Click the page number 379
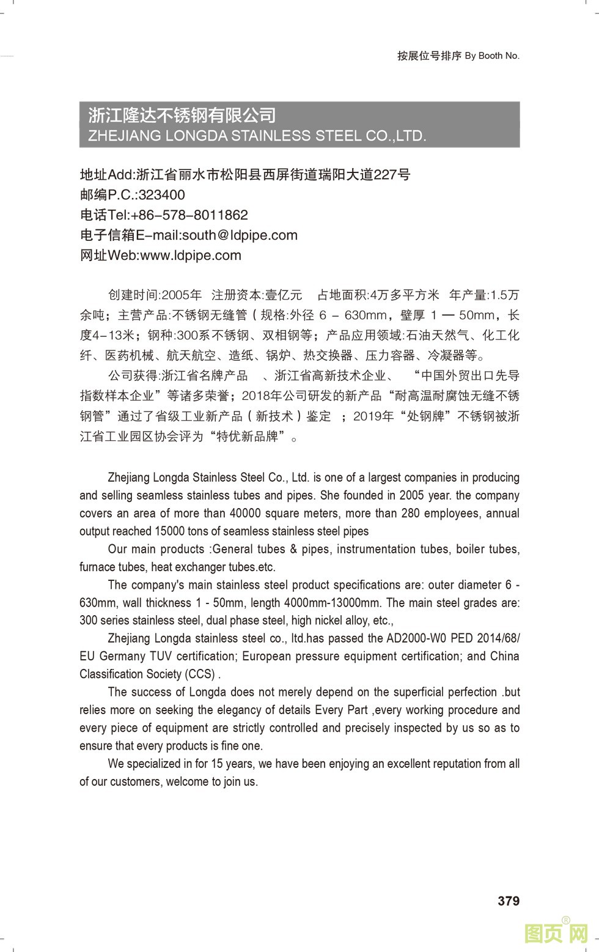click(x=508, y=901)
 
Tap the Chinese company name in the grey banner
click(x=182, y=115)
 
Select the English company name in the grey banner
click(x=257, y=136)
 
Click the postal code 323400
click(x=161, y=195)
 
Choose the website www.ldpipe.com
click(x=191, y=256)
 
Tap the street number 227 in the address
click(x=385, y=175)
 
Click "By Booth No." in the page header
click(x=492, y=56)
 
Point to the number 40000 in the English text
click(x=290, y=513)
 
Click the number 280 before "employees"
click(x=410, y=513)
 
